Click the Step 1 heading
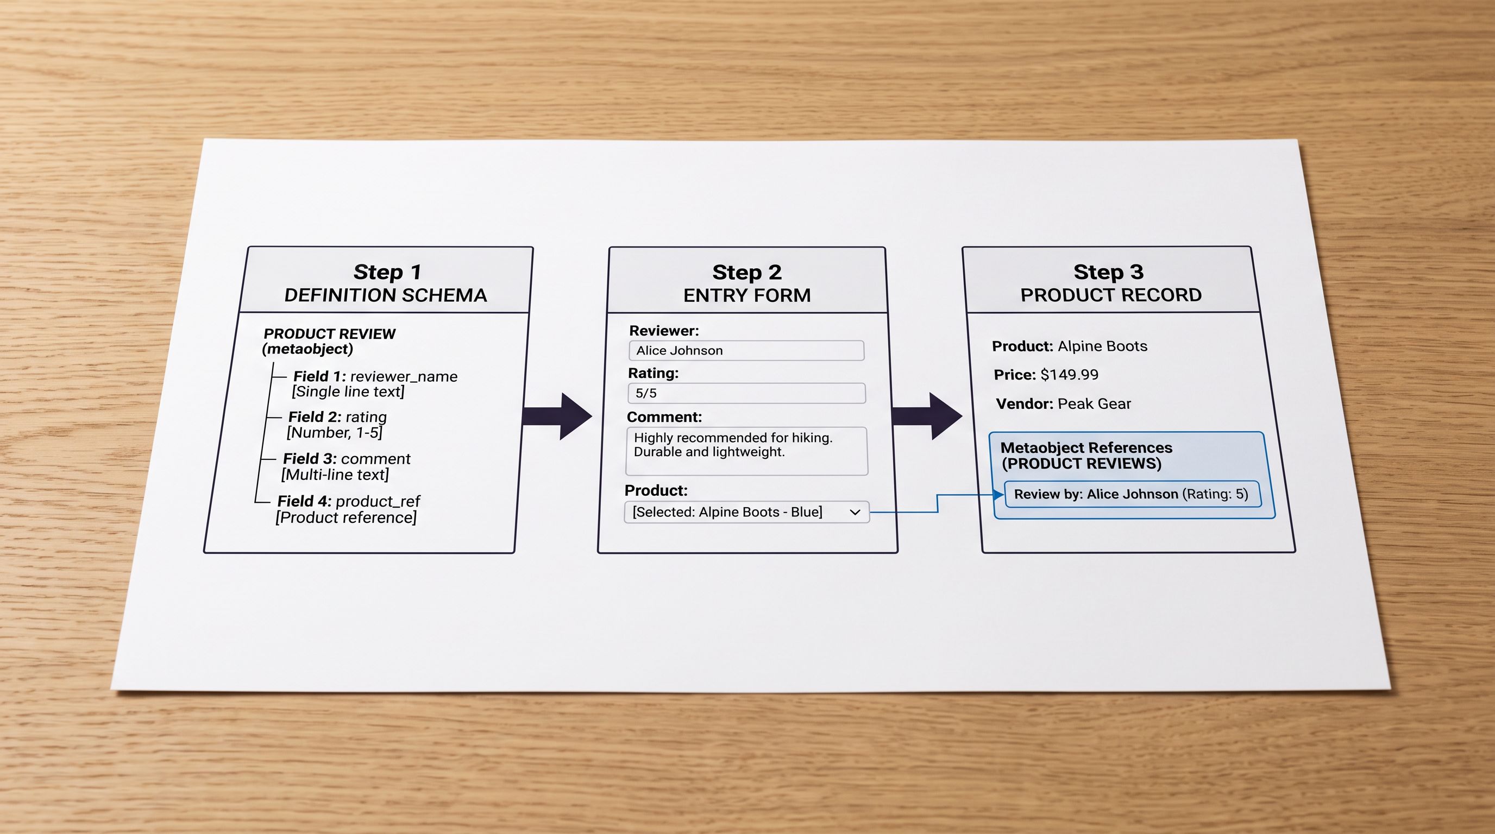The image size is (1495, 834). [387, 271]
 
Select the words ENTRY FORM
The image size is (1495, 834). [747, 295]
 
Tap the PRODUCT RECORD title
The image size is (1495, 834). [1111, 295]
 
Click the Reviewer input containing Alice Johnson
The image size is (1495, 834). [746, 350]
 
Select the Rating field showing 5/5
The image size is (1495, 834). [746, 393]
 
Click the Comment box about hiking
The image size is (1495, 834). [747, 451]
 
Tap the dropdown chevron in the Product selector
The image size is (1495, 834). [855, 512]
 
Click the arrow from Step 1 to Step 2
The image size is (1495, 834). [557, 416]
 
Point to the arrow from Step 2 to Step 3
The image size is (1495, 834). [927, 416]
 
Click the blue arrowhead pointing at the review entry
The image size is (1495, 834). [999, 495]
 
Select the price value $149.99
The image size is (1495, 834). [1069, 375]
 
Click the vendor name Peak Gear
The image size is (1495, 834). [1094, 403]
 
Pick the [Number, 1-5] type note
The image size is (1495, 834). [334, 433]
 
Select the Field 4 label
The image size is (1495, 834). [304, 501]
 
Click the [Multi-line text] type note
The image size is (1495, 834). [335, 475]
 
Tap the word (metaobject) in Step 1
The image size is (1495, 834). [307, 349]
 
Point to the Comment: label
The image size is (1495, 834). [664, 417]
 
